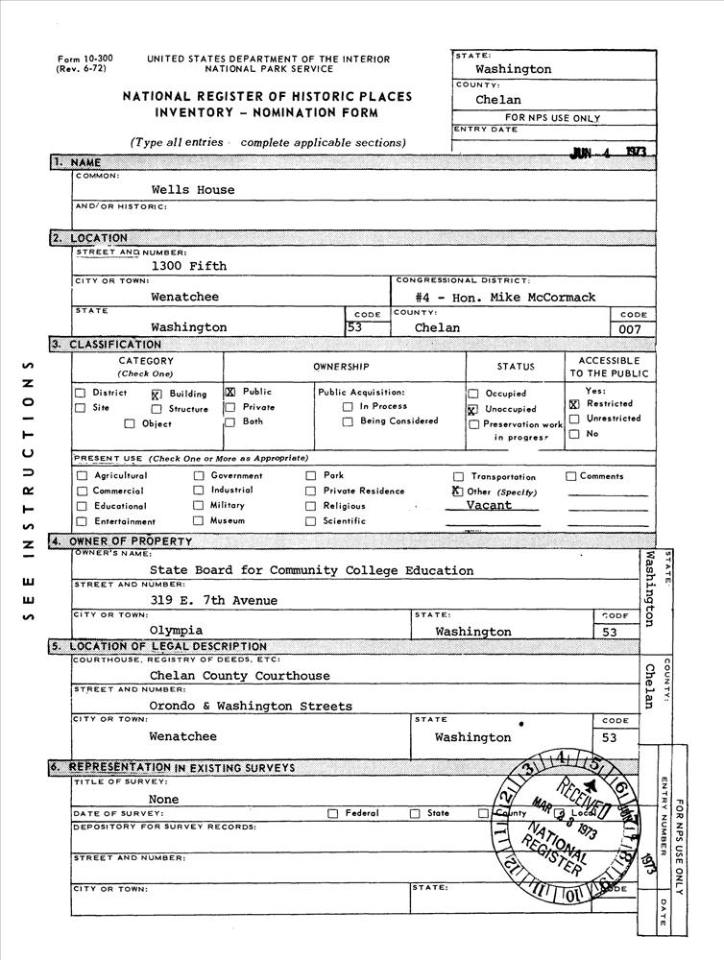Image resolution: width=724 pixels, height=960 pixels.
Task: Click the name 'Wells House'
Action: point(192,190)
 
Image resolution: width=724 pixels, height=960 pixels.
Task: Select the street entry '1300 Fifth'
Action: point(188,266)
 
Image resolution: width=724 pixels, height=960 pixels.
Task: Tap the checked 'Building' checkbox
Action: point(156,394)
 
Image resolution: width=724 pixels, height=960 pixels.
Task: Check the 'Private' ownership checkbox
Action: point(229,407)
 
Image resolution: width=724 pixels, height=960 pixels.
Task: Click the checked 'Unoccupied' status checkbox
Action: point(472,409)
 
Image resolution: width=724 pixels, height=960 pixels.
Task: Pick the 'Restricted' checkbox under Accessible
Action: point(573,404)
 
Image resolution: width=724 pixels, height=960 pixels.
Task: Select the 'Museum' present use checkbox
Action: point(198,521)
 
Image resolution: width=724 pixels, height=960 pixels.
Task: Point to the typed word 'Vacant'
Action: point(489,505)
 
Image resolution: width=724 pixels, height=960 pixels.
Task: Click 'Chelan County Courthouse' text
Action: point(239,676)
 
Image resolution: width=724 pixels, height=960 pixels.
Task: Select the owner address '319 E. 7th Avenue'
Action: point(213,601)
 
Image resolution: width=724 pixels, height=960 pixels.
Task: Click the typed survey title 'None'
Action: point(163,799)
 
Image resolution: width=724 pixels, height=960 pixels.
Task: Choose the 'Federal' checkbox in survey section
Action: point(332,814)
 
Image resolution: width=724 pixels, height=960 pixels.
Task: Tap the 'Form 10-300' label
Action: point(84,59)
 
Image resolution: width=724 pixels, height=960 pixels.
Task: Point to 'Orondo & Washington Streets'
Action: point(251,707)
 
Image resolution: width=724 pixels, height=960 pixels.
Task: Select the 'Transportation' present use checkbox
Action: point(459,476)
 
